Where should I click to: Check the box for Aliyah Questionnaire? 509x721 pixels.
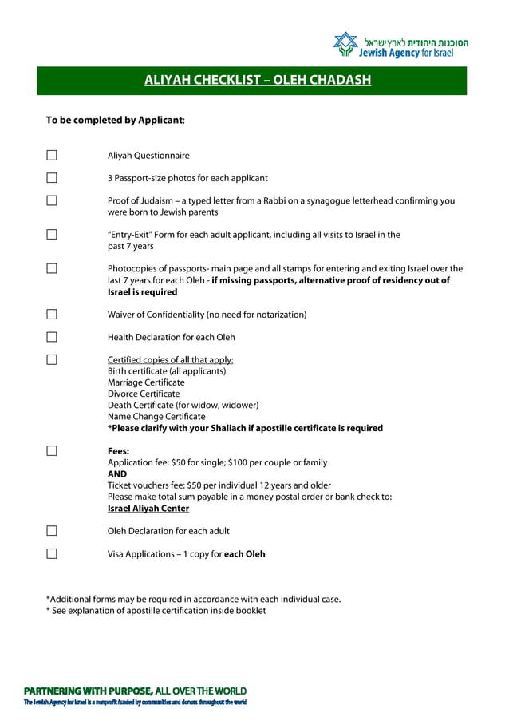point(52,156)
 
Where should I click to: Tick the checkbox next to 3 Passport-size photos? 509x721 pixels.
point(52,178)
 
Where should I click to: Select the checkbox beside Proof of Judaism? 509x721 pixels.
point(52,201)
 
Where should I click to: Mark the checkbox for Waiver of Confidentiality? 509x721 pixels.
point(52,315)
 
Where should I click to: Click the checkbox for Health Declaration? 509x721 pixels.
point(52,337)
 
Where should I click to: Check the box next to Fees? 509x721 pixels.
point(52,451)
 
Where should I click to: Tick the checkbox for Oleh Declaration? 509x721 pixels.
point(52,531)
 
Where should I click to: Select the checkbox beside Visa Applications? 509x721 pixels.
point(52,553)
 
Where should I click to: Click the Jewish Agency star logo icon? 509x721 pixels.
point(346,45)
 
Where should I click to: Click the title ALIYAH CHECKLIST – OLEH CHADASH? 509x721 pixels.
point(258,81)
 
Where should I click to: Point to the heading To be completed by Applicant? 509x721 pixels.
point(116,121)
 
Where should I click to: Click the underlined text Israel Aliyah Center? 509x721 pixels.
point(148,509)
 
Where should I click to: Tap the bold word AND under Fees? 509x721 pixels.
point(117,473)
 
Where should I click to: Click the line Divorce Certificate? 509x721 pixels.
point(144,394)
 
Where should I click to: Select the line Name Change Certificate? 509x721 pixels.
point(156,417)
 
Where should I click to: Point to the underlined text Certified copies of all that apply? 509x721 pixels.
point(171,360)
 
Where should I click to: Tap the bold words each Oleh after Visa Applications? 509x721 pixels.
point(245,553)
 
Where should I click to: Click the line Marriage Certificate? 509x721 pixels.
point(146,382)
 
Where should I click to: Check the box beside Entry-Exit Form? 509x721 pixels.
point(52,235)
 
